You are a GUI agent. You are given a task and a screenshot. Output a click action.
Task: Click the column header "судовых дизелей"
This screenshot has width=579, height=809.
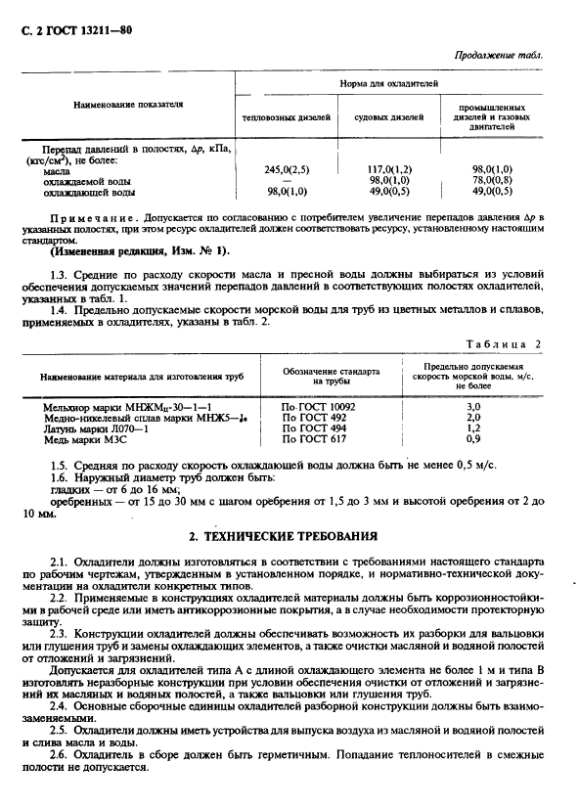point(387,118)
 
